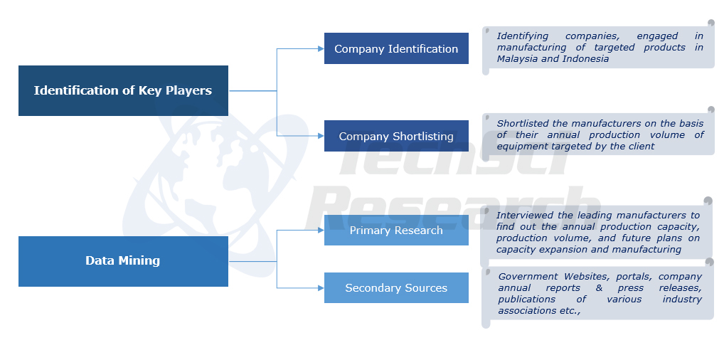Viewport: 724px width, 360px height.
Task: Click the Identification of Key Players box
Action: tap(123, 90)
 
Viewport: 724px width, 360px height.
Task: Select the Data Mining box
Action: tap(123, 261)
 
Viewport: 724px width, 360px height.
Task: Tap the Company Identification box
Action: tap(396, 48)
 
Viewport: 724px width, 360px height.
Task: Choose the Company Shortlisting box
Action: tap(396, 136)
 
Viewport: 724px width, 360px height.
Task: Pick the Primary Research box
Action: tap(396, 231)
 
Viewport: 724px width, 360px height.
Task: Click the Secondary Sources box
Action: tap(396, 288)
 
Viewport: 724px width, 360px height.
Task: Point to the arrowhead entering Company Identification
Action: tap(320, 49)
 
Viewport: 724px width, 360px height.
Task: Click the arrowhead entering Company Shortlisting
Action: tap(320, 136)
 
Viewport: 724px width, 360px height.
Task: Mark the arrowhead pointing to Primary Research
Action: tap(320, 231)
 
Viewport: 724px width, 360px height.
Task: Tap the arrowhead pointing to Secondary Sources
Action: tap(320, 288)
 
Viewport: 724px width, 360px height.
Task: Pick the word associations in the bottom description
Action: tap(527, 311)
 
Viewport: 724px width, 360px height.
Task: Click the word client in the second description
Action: tap(640, 147)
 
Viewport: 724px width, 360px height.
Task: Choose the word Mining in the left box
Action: tap(142, 261)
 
